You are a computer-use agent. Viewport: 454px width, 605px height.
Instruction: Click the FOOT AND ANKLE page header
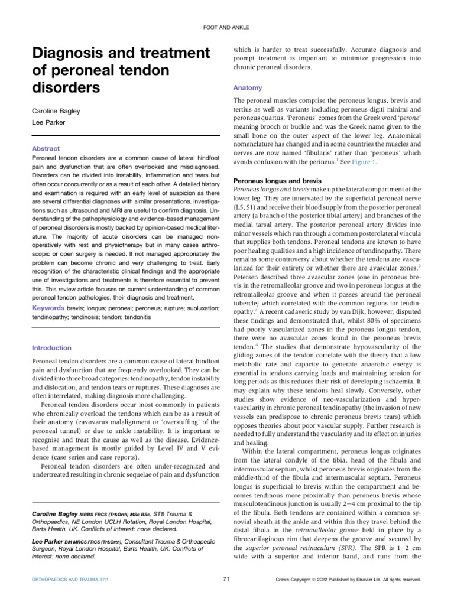[227, 27]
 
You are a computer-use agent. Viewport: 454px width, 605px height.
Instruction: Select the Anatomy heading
[248, 87]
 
